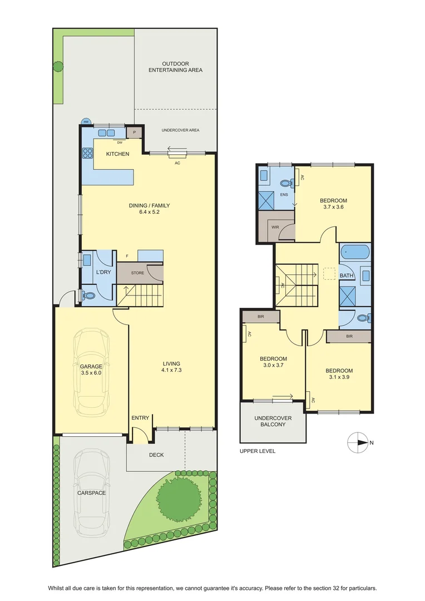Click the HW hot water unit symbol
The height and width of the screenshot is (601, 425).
tap(86, 122)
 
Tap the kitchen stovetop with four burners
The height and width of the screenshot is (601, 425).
tap(87, 153)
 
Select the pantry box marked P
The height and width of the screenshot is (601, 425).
tap(135, 132)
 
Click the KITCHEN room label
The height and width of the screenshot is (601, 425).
tap(117, 154)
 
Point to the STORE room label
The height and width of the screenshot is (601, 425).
tap(137, 273)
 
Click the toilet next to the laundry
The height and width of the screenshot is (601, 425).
tap(89, 295)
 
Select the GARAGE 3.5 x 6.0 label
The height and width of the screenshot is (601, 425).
tap(91, 370)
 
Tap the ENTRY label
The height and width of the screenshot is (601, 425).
tap(140, 418)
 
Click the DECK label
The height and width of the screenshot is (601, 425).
tap(156, 455)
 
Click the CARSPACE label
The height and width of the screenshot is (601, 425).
tap(92, 493)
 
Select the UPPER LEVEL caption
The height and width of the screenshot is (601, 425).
tap(258, 451)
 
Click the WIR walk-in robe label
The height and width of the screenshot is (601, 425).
tap(275, 227)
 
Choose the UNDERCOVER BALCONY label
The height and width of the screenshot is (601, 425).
tap(273, 421)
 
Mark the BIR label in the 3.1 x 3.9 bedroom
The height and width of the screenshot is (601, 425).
tap(349, 337)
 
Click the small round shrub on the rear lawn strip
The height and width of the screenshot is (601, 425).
tap(58, 67)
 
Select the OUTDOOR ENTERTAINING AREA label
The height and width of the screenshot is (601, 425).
tap(176, 67)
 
